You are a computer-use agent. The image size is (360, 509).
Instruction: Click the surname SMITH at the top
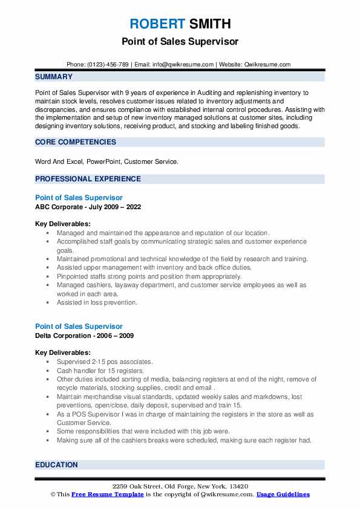[x=209, y=24]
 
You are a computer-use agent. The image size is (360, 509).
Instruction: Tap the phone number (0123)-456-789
[x=107, y=65]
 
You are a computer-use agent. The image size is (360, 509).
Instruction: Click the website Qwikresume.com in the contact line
[x=268, y=65]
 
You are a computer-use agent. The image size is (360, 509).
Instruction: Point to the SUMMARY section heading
[x=54, y=77]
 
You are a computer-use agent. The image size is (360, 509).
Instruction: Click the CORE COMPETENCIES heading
[x=75, y=142]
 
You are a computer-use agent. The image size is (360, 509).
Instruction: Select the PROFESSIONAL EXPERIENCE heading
[x=88, y=179]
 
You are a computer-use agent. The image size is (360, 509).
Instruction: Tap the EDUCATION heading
[x=56, y=465]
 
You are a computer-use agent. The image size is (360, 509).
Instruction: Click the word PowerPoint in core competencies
[x=103, y=161]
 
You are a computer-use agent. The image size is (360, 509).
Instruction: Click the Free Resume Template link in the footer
[x=107, y=494]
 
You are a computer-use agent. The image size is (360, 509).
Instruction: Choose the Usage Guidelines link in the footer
[x=283, y=494]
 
